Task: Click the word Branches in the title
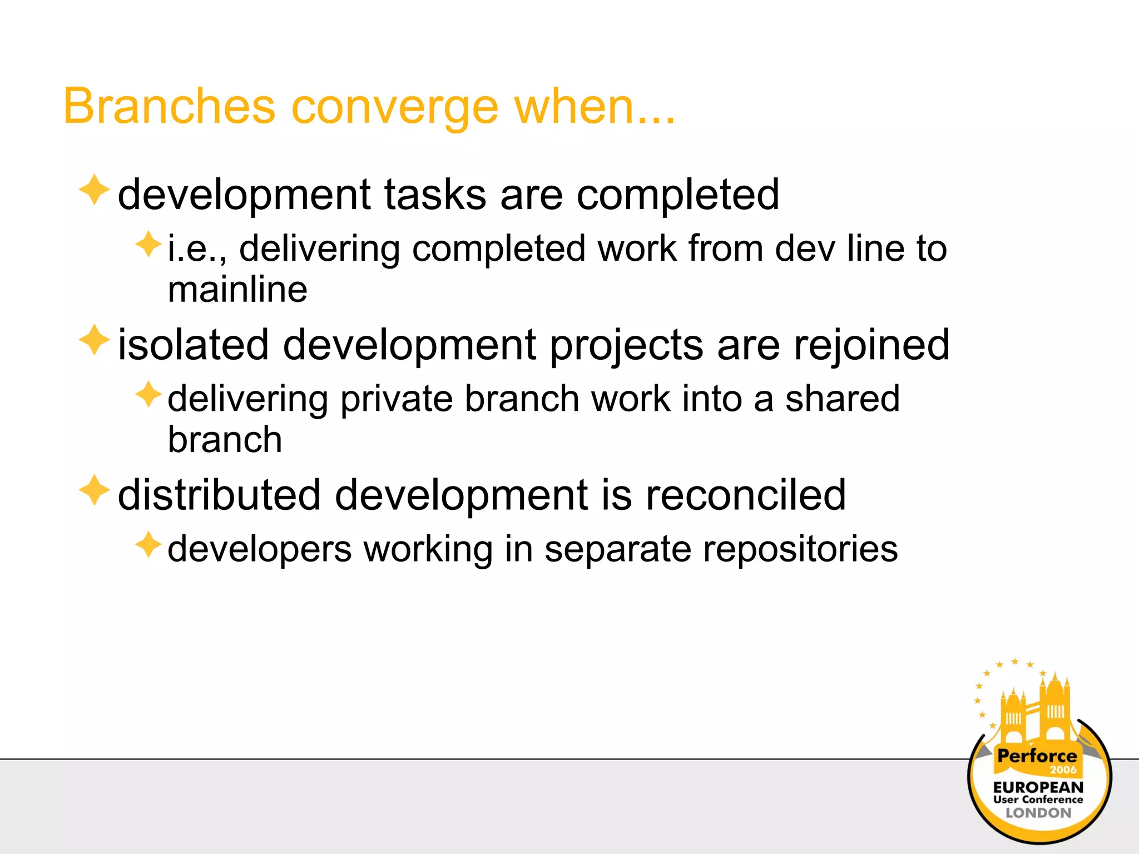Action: tap(169, 106)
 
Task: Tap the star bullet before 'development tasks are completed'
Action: tap(95, 190)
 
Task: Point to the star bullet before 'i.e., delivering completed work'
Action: tap(148, 245)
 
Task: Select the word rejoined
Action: tap(871, 346)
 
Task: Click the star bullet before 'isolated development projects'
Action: tap(95, 340)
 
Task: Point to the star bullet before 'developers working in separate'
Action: tap(148, 545)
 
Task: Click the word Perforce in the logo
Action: tap(1037, 756)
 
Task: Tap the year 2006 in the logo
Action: tap(1063, 770)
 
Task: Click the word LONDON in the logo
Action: tap(1038, 813)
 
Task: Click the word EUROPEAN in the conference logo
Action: tap(1038, 787)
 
